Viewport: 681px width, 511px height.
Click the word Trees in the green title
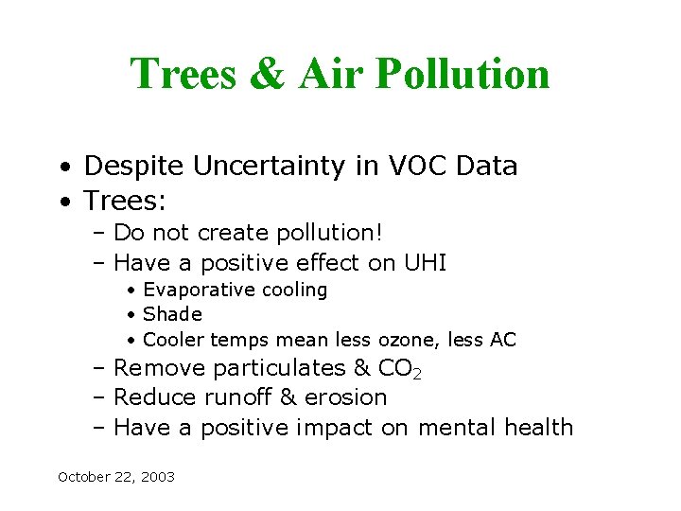pos(183,74)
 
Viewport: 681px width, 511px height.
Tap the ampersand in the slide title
pos(268,74)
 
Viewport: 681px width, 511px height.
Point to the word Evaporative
pos(199,291)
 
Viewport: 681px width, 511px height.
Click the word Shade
pos(172,314)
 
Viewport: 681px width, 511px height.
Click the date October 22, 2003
pos(116,477)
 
